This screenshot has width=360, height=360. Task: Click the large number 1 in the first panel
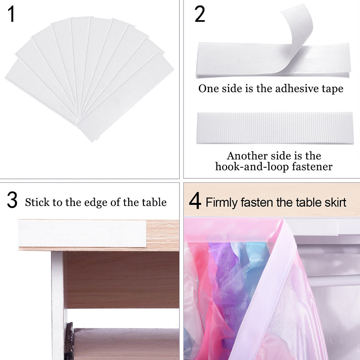(12, 15)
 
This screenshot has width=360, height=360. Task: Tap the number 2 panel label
(200, 15)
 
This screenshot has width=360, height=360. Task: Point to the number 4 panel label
(195, 201)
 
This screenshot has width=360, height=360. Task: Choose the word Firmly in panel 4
(222, 202)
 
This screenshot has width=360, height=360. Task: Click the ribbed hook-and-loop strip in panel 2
(275, 128)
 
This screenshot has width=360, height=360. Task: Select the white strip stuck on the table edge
(82, 233)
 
